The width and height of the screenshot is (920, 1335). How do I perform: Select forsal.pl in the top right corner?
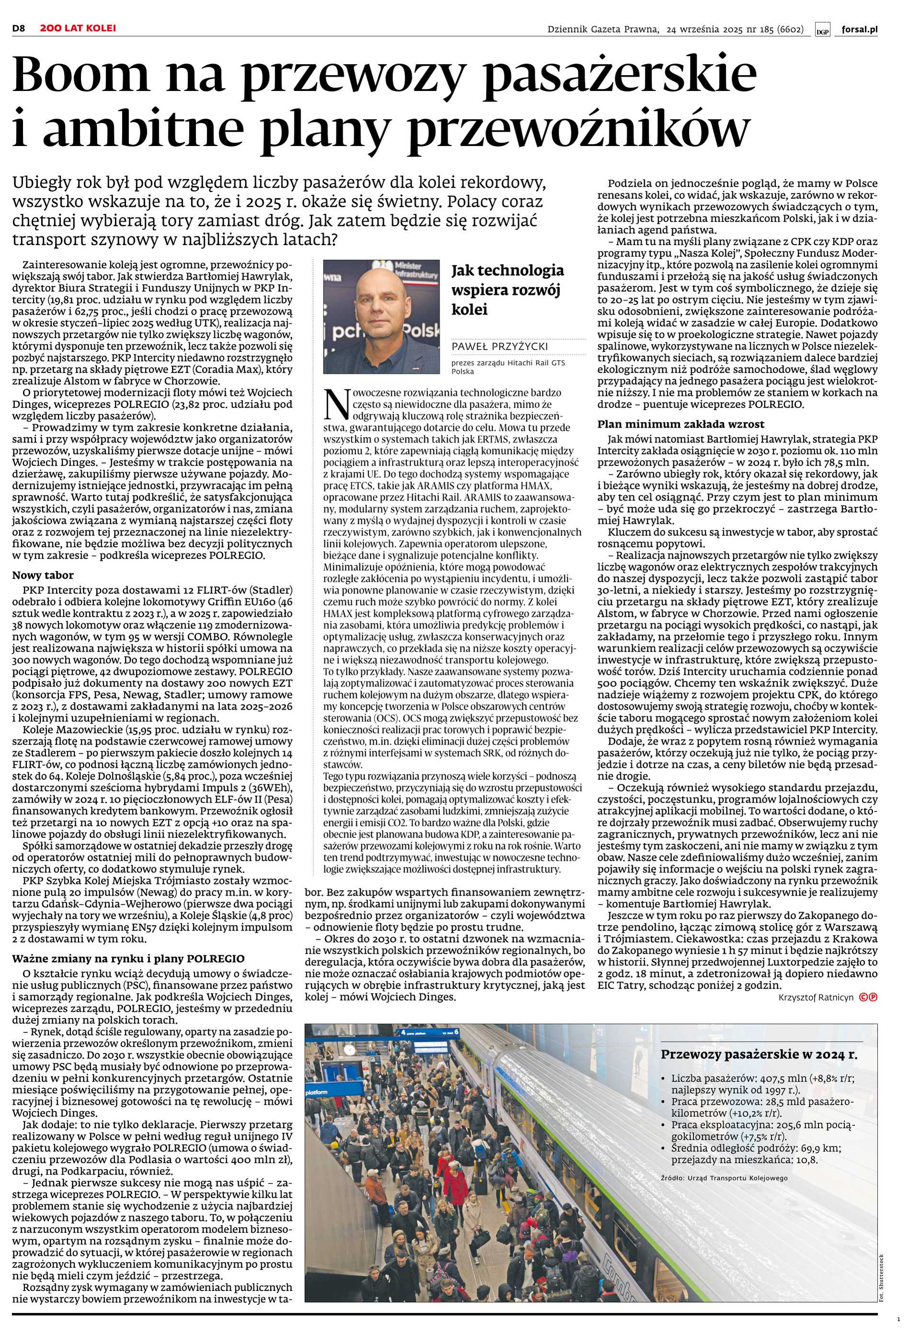point(859,29)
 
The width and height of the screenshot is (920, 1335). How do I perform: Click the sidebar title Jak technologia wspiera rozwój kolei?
point(508,290)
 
